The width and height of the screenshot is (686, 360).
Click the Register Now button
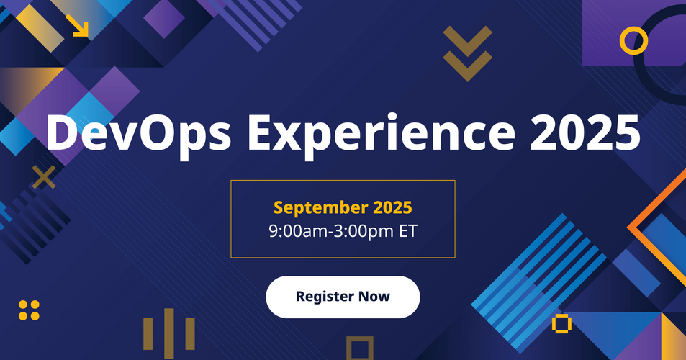[x=343, y=297]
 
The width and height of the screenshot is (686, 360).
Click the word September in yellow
[x=321, y=208]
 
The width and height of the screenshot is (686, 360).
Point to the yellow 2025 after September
[x=392, y=207]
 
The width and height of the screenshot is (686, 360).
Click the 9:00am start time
[x=298, y=230]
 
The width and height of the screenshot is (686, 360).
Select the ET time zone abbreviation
[x=407, y=230]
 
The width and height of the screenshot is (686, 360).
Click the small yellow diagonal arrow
[x=77, y=25]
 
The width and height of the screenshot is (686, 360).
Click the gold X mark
[x=44, y=176]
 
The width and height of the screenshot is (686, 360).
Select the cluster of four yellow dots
[x=29, y=310]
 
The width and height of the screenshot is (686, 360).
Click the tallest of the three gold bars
[x=169, y=333]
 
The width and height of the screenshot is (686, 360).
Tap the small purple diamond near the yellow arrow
[x=164, y=18]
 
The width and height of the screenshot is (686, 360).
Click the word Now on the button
[x=374, y=296]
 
